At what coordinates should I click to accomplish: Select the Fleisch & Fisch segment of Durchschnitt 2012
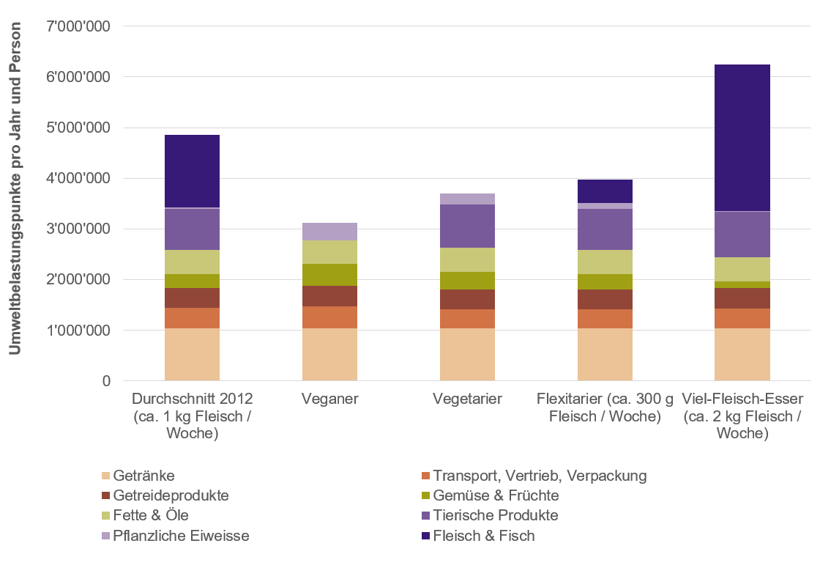[x=192, y=171]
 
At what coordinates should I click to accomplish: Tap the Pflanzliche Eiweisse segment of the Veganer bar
[x=329, y=232]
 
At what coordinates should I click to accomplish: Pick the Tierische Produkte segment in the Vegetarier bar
[x=467, y=226]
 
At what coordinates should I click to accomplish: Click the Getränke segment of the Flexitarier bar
[x=605, y=355]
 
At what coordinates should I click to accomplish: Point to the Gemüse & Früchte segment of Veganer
[x=329, y=275]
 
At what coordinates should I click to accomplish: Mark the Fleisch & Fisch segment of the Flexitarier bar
[x=605, y=191]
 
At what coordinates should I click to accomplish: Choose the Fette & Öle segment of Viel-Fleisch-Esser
[x=742, y=269]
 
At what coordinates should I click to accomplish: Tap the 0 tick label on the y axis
[x=106, y=381]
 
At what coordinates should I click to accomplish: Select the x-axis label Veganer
[x=329, y=399]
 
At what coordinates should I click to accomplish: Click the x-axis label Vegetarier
[x=467, y=399]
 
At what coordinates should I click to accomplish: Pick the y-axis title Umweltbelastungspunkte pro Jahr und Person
[x=15, y=188]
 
